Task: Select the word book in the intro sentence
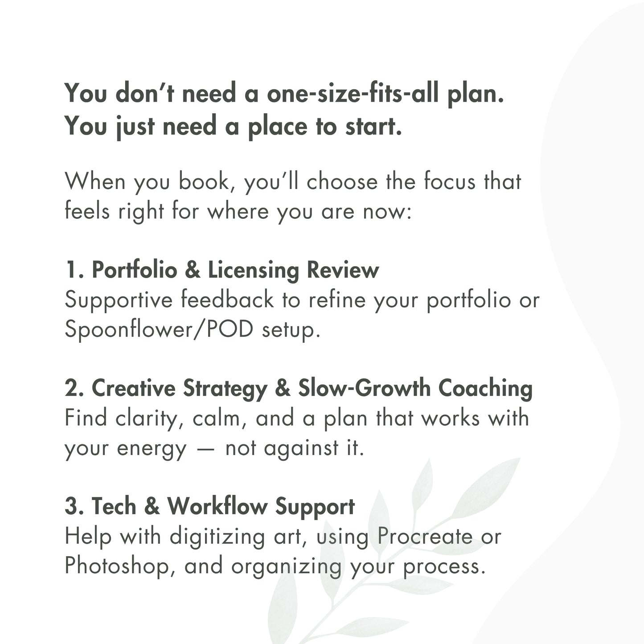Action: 203,182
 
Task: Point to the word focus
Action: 450,181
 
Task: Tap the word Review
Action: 343,270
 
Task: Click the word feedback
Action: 227,299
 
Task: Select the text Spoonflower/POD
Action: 159,330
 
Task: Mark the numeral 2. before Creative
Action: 74,389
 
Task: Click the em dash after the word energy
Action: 206,448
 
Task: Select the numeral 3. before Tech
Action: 74,507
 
